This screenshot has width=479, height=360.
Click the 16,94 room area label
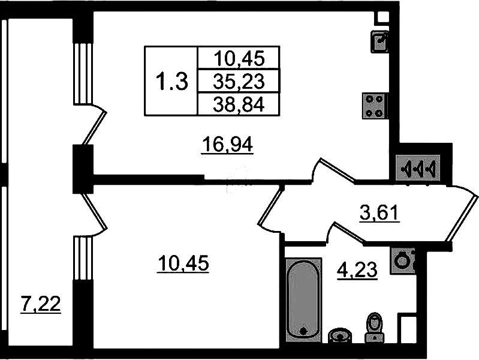click(227, 145)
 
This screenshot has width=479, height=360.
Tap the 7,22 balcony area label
click(40, 304)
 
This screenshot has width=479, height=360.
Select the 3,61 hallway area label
click(379, 212)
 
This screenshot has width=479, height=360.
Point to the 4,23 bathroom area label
click(357, 270)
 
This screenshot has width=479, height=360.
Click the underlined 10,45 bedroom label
click(183, 263)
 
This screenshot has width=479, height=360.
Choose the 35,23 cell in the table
click(239, 82)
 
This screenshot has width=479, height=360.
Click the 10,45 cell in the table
click(239, 58)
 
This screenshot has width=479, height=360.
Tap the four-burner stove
click(375, 106)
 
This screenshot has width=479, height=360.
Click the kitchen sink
click(379, 41)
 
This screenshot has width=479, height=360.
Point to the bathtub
click(303, 300)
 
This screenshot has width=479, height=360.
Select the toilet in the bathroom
click(374, 327)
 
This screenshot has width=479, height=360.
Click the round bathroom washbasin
click(340, 336)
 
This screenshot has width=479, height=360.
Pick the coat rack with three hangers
click(418, 168)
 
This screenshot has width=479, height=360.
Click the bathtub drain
click(303, 331)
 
